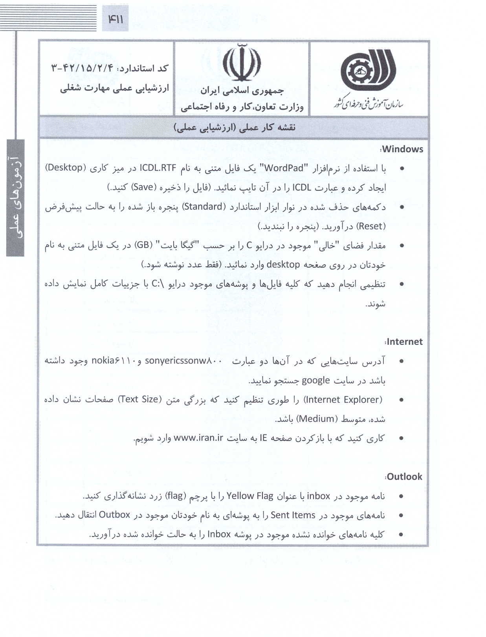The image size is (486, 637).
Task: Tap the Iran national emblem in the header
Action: [241, 63]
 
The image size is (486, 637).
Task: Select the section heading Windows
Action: [402, 149]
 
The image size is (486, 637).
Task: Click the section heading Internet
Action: [404, 342]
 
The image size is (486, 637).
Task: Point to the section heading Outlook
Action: [404, 477]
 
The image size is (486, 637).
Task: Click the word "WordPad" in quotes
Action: [286, 168]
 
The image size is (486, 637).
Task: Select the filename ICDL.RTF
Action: [162, 168]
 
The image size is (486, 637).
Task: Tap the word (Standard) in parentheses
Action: [203, 207]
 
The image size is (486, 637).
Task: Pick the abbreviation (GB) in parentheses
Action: [143, 245]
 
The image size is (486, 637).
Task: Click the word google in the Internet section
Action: [315, 380]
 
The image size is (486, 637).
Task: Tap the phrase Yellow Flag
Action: [250, 496]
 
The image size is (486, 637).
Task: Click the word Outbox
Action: [114, 515]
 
